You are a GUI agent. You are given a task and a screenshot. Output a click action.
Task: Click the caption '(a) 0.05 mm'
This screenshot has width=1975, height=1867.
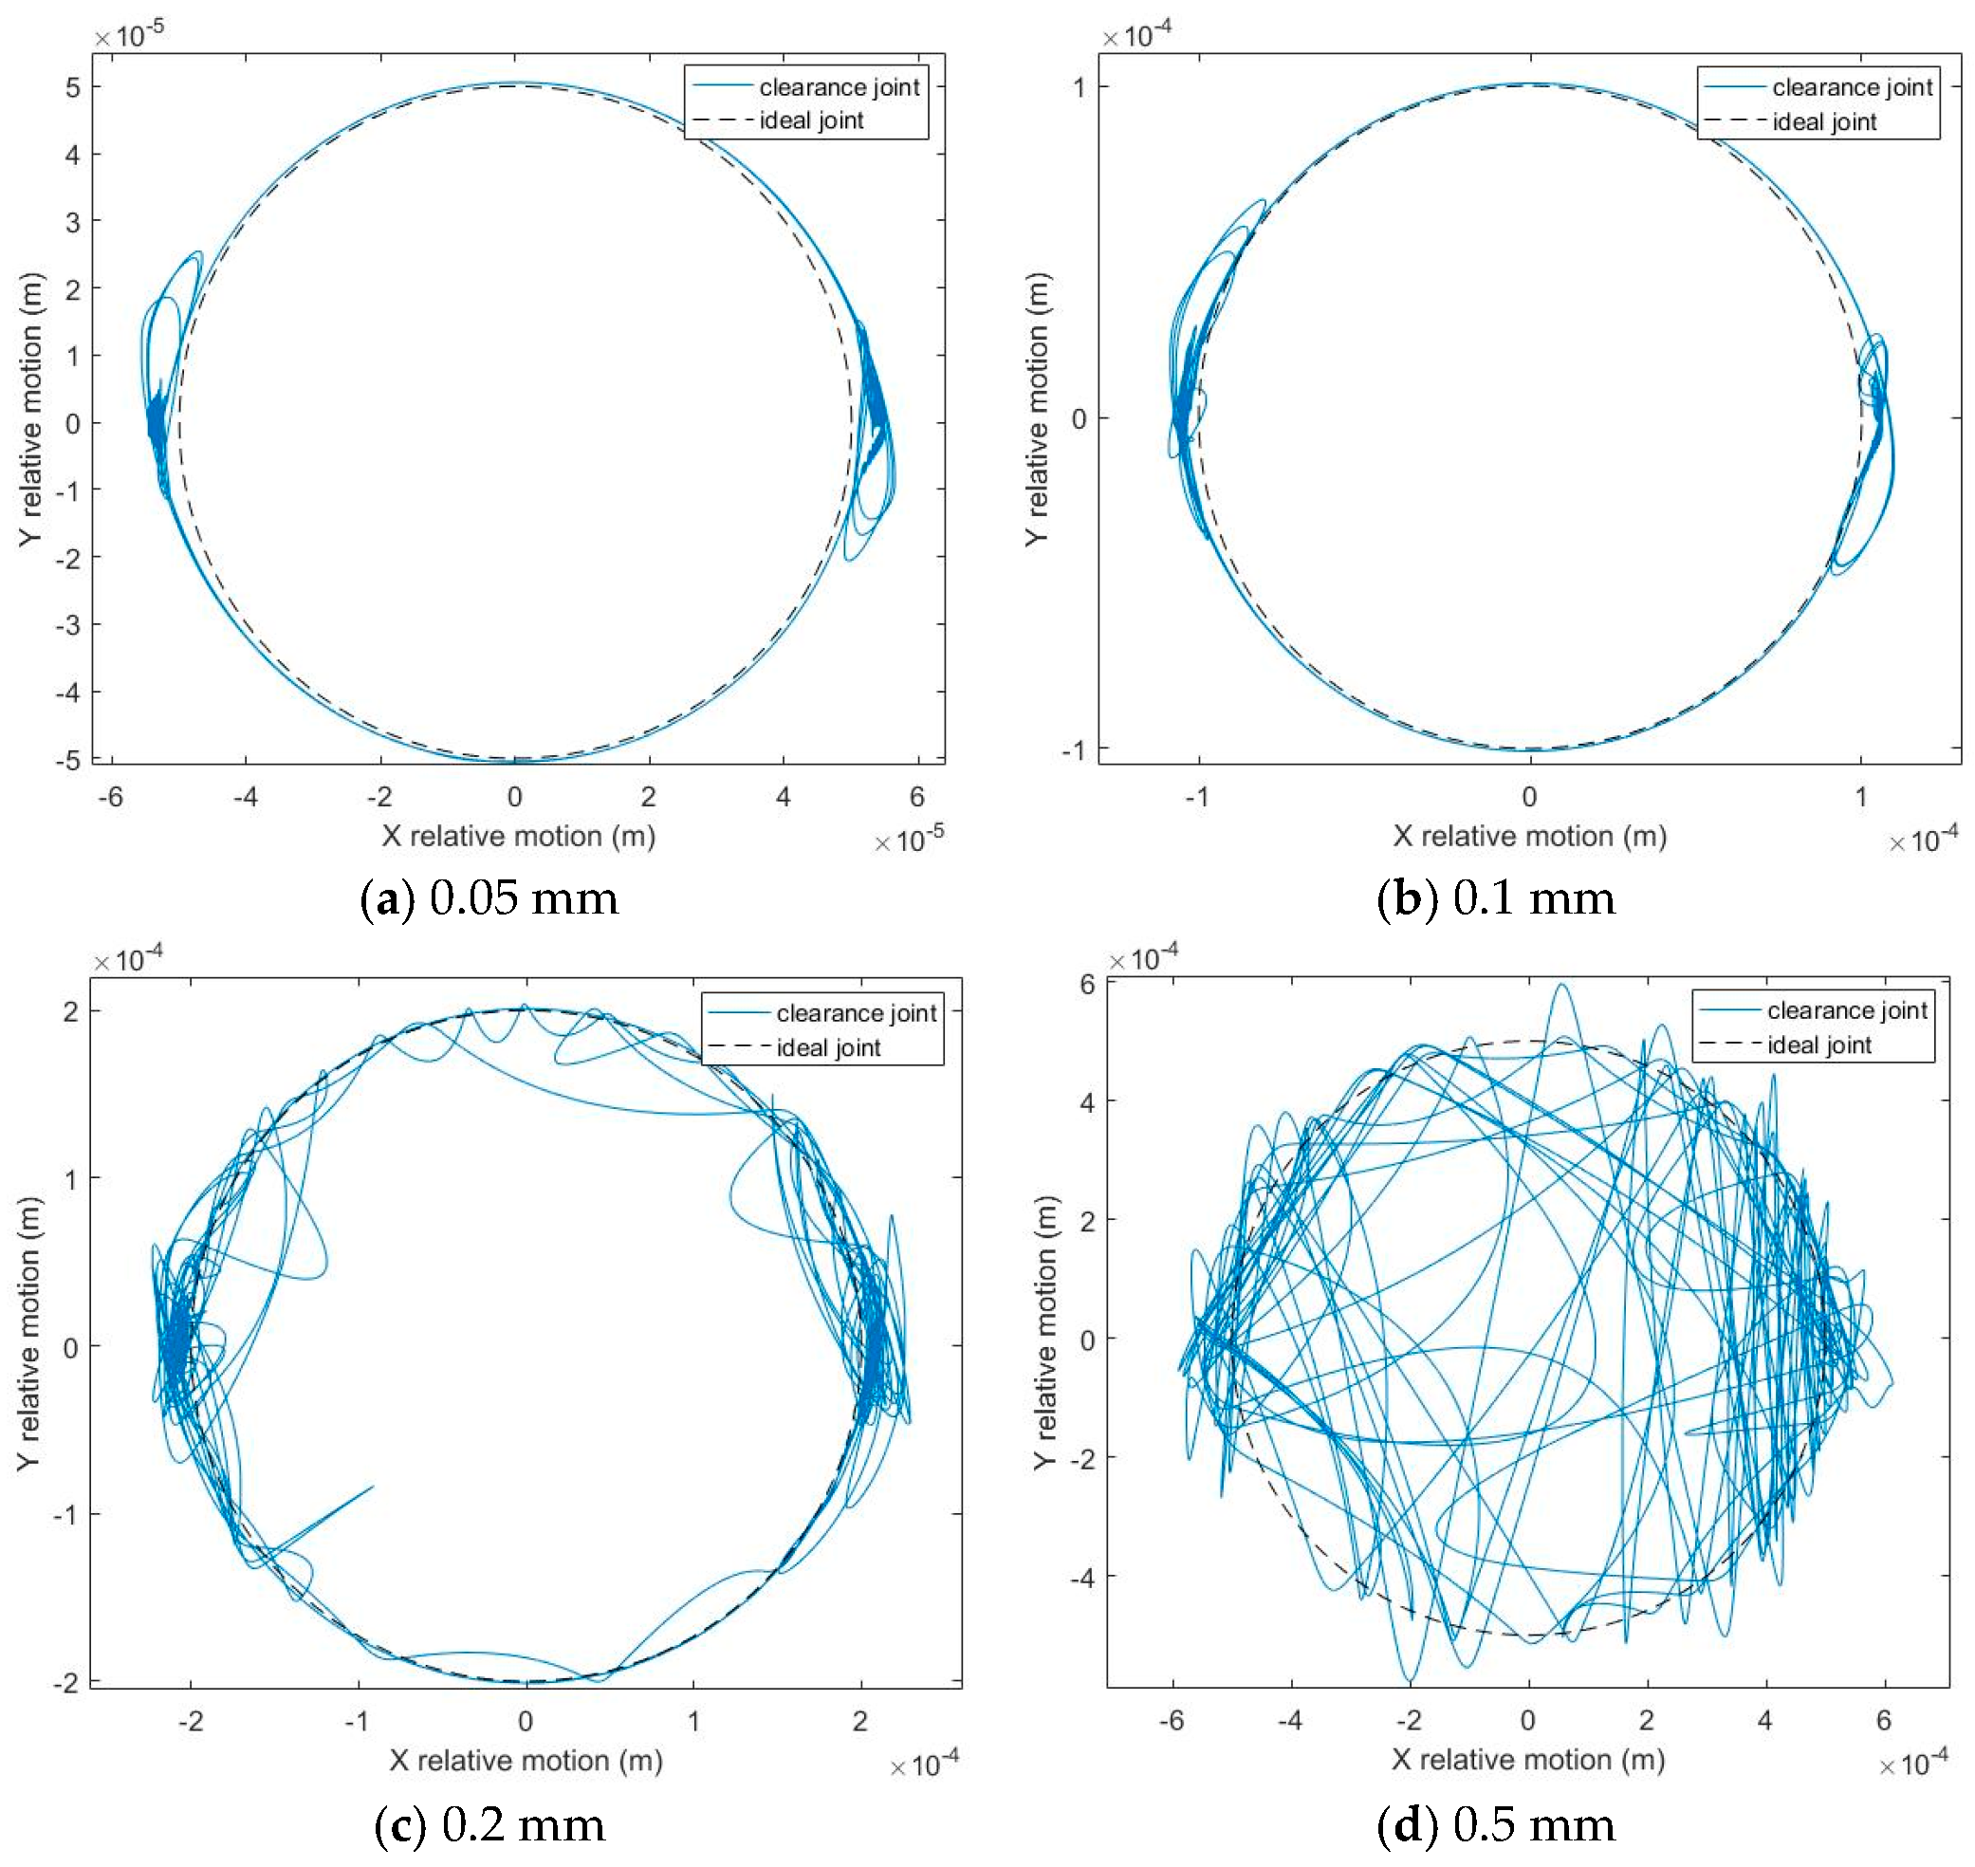pyautogui.click(x=489, y=898)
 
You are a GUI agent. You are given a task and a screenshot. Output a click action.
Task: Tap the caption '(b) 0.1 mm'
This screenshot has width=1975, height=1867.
pyautogui.click(x=1495, y=898)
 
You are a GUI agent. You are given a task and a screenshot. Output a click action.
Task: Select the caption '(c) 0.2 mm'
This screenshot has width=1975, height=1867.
pyautogui.click(x=489, y=1824)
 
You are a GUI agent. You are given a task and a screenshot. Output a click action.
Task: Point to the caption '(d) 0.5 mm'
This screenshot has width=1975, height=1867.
pyautogui.click(x=1495, y=1824)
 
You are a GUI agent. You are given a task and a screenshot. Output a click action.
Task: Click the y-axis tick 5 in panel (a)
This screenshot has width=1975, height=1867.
pyautogui.click(x=73, y=87)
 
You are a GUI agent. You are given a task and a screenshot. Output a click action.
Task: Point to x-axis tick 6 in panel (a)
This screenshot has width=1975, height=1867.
pyautogui.click(x=916, y=796)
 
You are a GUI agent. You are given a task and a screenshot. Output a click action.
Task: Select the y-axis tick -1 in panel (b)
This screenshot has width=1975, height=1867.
pyautogui.click(x=1074, y=749)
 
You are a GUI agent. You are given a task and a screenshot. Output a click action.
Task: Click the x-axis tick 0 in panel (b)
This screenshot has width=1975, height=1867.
pyautogui.click(x=1529, y=796)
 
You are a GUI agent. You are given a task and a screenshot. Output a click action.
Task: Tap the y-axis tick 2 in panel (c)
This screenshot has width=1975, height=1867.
pyautogui.click(x=70, y=1012)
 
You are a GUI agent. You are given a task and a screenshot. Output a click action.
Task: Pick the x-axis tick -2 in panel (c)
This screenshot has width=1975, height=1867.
pyautogui.click(x=190, y=1721)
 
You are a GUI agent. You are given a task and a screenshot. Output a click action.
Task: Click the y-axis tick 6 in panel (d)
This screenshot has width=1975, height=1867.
pyautogui.click(x=1087, y=985)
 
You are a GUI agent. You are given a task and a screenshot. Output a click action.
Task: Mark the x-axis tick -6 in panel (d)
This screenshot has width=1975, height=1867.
pyautogui.click(x=1172, y=1720)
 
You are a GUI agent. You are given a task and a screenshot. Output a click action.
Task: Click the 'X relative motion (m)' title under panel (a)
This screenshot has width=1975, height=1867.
pyautogui.click(x=518, y=836)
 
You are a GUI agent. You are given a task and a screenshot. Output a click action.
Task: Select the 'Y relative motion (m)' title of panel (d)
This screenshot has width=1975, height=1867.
pyautogui.click(x=1043, y=1332)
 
